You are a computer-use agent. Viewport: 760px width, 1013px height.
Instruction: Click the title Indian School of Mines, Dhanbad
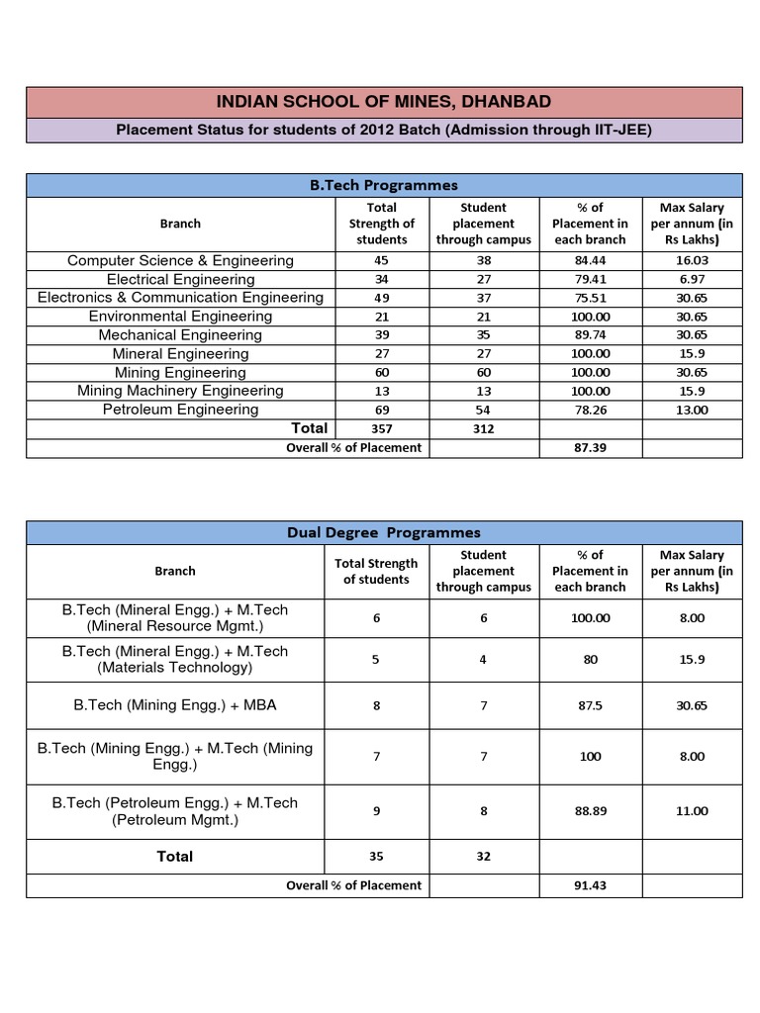tap(384, 102)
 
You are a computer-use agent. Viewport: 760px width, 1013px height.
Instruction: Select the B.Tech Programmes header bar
tap(384, 185)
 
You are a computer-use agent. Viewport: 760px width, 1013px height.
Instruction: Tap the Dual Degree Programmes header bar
tap(384, 532)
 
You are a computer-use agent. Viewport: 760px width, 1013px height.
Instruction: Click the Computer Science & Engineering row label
tap(180, 260)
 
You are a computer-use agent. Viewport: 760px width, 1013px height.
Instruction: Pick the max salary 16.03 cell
tap(692, 260)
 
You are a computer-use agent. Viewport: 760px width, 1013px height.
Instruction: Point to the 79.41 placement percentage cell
tap(590, 279)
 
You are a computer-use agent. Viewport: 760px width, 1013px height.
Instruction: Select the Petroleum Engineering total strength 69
tap(381, 410)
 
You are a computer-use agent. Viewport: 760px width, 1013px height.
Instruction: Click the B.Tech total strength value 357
tap(381, 428)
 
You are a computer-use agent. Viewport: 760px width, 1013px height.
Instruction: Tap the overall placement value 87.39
tap(590, 447)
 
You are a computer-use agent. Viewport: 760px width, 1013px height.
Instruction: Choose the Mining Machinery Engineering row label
tap(180, 391)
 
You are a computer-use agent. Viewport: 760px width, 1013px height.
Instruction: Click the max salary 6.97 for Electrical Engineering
tap(692, 279)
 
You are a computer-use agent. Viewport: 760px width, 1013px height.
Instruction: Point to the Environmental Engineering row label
tap(180, 317)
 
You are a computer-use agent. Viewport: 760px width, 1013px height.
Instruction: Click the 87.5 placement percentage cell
tap(590, 705)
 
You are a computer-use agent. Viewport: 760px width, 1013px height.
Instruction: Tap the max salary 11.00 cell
tap(692, 810)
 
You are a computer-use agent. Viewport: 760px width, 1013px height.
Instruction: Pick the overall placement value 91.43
tap(590, 885)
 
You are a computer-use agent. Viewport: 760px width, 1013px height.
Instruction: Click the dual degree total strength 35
tap(375, 856)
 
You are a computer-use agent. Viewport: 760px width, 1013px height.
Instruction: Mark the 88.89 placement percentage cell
tap(590, 810)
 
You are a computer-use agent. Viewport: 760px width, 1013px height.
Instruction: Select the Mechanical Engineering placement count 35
tap(483, 335)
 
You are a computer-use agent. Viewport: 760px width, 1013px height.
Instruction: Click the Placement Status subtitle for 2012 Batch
tap(384, 130)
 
